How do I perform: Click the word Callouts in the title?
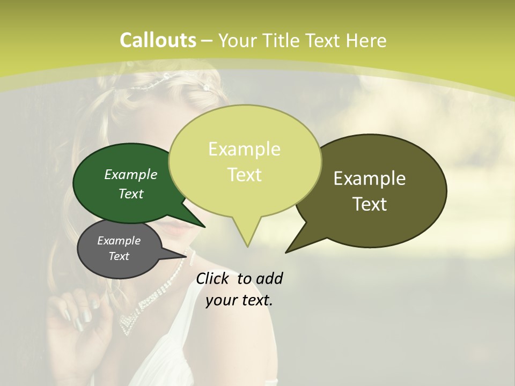[158, 40]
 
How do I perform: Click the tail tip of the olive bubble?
[286, 251]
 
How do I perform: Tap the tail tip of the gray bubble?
[188, 256]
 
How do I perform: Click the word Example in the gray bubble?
[119, 241]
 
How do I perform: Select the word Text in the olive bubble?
[370, 204]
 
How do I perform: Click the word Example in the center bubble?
[245, 149]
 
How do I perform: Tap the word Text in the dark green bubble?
[131, 194]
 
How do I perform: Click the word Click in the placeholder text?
[213, 278]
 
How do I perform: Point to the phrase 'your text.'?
[239, 300]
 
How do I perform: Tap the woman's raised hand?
[75, 322]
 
